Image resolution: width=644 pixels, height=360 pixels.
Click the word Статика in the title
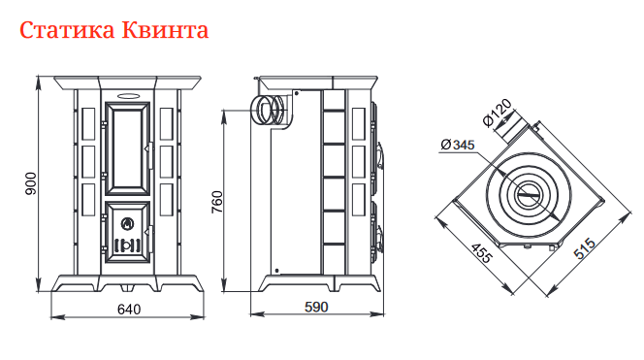68,30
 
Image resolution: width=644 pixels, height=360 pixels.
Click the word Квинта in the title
165,30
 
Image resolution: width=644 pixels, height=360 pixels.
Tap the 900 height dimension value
30,183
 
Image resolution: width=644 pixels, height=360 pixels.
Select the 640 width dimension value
129,309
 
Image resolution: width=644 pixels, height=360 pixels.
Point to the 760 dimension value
216,202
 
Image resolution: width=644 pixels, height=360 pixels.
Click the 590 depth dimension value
316,307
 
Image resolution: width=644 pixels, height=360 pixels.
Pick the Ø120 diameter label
498,113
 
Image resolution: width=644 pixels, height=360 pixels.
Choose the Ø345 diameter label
458,145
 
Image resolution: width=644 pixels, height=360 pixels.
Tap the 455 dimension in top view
481,253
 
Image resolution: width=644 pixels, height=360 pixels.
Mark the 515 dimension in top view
585,248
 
